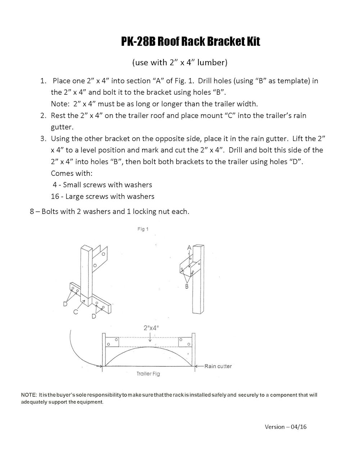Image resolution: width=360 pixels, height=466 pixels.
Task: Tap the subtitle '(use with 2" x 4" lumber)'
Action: (180, 62)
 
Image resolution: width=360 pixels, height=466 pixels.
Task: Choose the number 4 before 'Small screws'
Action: (55, 185)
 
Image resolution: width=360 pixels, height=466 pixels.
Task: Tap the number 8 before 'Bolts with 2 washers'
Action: (32, 211)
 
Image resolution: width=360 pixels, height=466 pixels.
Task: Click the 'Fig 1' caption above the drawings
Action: (143, 229)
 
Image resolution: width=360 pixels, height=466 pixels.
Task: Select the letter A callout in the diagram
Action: (189, 248)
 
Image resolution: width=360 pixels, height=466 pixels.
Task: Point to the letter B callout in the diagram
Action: (187, 286)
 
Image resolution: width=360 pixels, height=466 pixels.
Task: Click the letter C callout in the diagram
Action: (76, 312)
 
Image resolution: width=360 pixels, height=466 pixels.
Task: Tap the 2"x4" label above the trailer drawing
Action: (150, 328)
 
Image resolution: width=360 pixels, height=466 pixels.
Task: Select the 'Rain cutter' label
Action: (218, 366)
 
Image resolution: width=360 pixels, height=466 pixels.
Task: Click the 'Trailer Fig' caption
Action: (148, 374)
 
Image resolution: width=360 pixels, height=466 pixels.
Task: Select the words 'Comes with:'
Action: (72, 173)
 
